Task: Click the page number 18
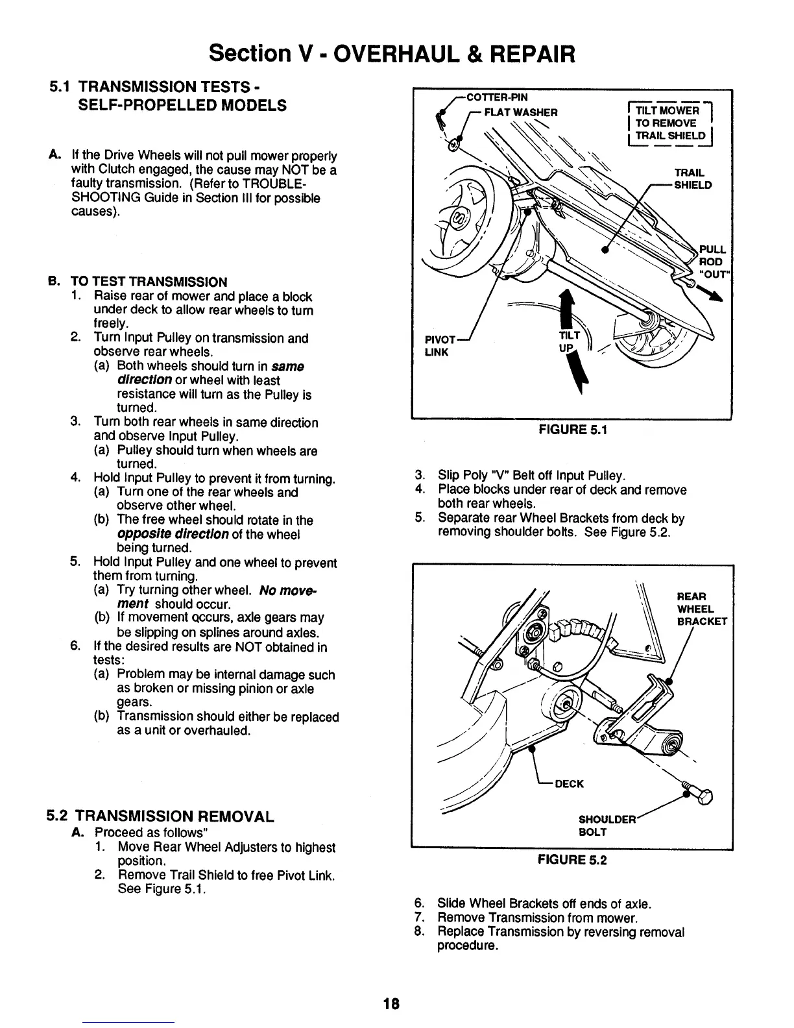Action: [391, 1004]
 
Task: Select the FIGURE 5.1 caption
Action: [571, 429]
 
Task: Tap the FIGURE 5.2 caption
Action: [571, 860]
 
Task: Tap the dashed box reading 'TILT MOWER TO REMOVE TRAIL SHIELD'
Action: [669, 123]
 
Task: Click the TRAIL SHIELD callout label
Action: [693, 179]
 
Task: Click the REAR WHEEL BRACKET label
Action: [701, 609]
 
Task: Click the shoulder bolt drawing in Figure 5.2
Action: [697, 790]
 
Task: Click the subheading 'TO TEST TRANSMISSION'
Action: [149, 282]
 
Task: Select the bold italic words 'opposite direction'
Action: [172, 534]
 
